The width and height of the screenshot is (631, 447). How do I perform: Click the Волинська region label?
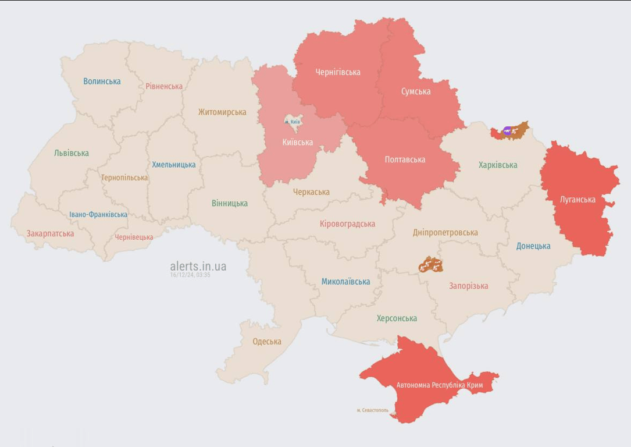pos(102,81)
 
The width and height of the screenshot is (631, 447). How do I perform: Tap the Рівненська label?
pos(164,87)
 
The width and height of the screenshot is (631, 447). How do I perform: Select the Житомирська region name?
pos(222,112)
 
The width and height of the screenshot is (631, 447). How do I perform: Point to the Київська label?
pos(297,143)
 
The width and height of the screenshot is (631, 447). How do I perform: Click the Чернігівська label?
pos(338,72)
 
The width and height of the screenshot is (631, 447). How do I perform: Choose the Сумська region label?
pos(416,91)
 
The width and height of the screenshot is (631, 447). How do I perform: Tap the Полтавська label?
pos(405,159)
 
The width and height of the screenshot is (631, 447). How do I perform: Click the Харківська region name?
pos(498,165)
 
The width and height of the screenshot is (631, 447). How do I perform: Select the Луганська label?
pos(577,200)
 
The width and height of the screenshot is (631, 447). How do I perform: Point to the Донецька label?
pos(533,246)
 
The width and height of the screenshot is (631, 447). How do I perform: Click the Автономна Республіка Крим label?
pos(440,385)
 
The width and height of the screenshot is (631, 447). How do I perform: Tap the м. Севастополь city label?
pos(372,410)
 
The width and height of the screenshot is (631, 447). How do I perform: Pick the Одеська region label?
pos(267,342)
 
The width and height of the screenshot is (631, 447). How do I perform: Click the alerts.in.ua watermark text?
pos(198,266)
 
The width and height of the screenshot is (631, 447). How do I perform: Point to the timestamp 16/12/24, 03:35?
pos(190,275)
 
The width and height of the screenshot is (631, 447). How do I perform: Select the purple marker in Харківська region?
pos(507,131)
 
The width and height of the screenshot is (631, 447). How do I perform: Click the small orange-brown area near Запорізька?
pos(430,265)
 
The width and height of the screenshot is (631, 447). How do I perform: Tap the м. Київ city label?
pos(292,122)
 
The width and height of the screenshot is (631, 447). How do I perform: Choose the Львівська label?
pos(72,153)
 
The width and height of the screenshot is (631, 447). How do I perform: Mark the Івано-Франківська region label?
pos(98,215)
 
